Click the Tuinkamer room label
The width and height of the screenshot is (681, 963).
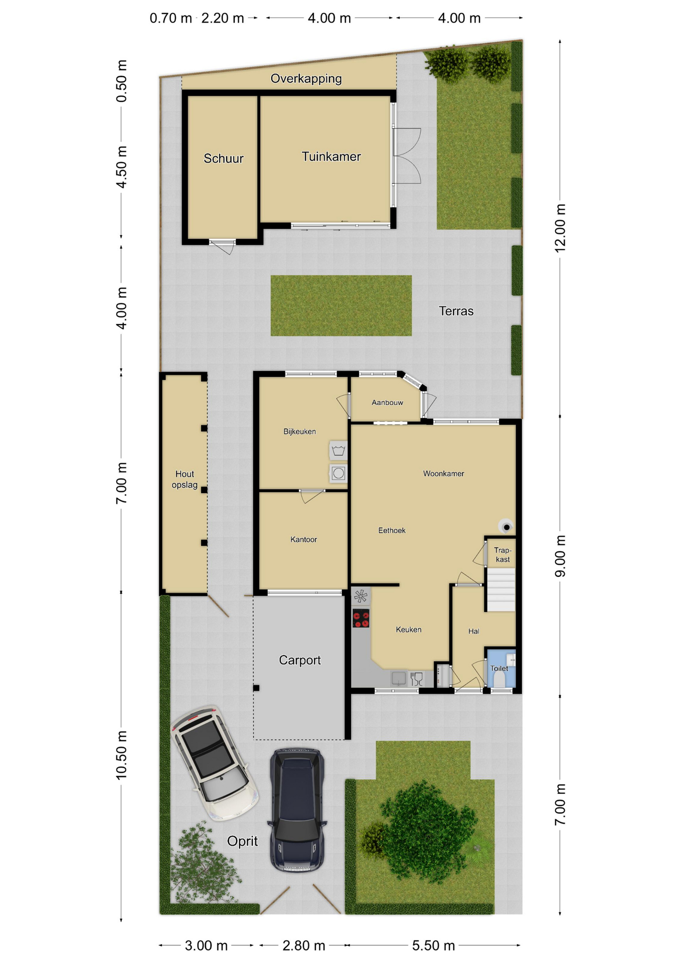click(x=331, y=156)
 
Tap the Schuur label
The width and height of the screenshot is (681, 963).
click(x=223, y=158)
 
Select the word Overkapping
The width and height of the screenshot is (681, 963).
click(x=306, y=79)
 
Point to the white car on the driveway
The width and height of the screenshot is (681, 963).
click(x=215, y=763)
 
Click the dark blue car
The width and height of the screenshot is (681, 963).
click(x=297, y=810)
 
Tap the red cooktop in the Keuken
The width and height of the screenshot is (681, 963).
click(x=361, y=618)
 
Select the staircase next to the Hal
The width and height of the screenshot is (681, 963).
click(x=501, y=589)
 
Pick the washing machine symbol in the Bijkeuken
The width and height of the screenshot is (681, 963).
click(x=338, y=473)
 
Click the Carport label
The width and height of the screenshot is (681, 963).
click(x=299, y=660)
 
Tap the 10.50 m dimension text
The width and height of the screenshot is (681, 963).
click(x=121, y=755)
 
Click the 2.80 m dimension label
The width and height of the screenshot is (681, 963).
click(x=304, y=945)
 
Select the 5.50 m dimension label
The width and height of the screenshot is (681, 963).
click(x=433, y=945)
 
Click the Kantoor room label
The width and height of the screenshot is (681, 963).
click(x=303, y=540)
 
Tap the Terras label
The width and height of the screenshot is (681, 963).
click(x=456, y=311)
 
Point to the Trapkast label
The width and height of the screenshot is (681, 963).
click(x=502, y=555)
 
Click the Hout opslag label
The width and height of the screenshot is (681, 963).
click(x=185, y=479)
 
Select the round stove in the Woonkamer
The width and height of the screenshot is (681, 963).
click(x=506, y=527)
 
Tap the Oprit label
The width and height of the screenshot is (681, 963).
click(x=242, y=841)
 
